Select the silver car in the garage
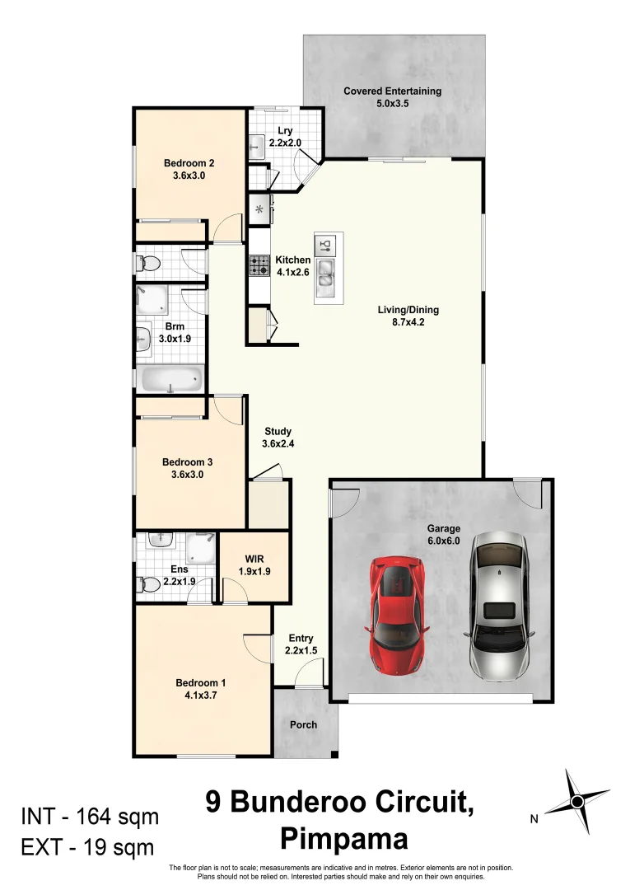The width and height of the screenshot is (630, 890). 499,605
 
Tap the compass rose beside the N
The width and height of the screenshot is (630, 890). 577,800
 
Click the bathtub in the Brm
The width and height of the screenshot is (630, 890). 172,379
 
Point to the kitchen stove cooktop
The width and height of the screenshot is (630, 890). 259,265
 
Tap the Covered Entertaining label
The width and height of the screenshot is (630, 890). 392,91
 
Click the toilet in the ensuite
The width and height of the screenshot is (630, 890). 149,585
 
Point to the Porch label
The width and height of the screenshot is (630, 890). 303,725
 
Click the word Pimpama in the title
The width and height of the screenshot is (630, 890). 344,839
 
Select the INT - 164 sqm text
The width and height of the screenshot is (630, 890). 90,817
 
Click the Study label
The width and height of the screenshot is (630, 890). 278,431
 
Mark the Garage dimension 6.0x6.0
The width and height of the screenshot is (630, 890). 443,541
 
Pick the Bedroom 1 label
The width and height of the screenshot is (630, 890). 201,682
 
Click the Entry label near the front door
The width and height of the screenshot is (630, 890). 301,638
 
